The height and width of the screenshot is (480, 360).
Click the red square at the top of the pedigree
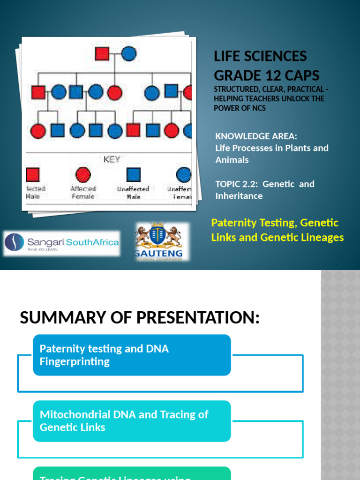[102, 53]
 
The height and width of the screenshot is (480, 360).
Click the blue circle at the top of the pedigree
[128, 53]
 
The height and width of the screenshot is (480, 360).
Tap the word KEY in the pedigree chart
[112, 159]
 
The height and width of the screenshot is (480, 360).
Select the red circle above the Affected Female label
[82, 175]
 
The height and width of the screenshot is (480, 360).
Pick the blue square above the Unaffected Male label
[134, 175]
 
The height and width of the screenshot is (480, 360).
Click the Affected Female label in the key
[82, 193]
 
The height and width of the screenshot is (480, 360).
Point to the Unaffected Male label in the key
[133, 193]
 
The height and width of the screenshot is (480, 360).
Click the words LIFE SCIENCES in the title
[260, 56]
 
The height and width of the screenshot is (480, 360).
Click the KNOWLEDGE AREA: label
[256, 136]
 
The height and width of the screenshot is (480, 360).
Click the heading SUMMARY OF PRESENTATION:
[139, 318]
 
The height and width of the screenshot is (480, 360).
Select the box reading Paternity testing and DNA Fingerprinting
[132, 355]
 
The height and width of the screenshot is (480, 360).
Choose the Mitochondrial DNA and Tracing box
[132, 421]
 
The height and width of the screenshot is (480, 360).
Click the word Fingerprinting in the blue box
[75, 362]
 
